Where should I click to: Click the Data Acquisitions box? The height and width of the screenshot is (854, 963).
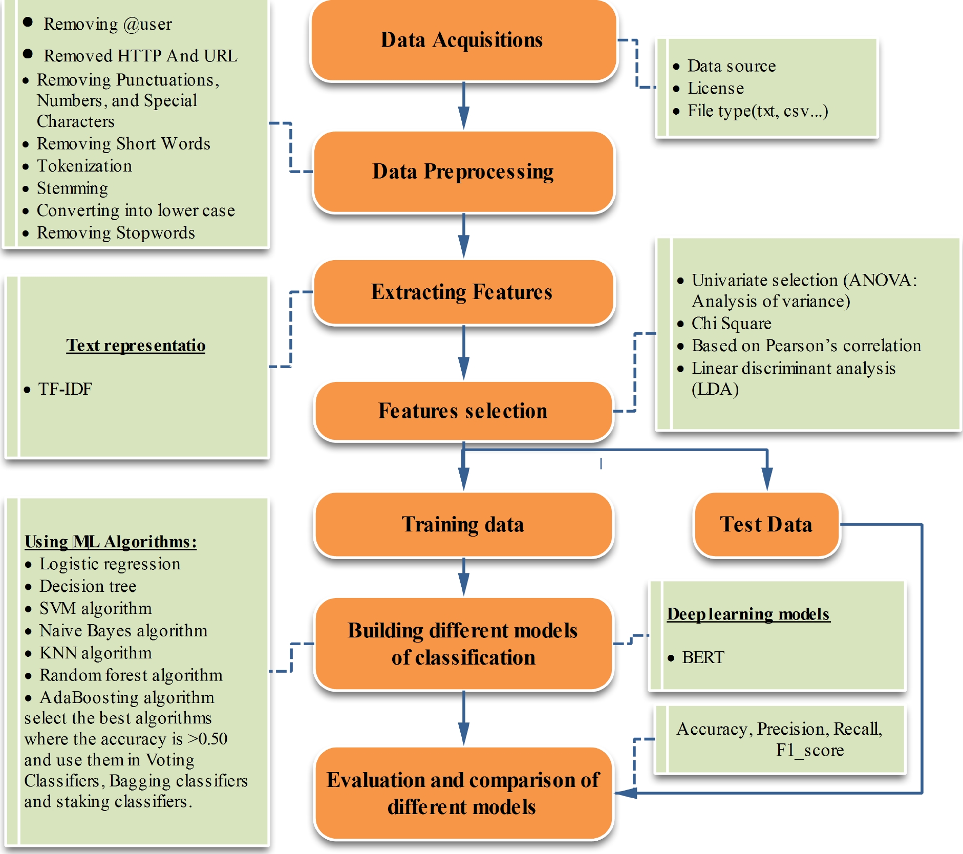pyautogui.click(x=463, y=40)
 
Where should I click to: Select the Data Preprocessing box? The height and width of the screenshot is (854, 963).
pyautogui.click(x=463, y=172)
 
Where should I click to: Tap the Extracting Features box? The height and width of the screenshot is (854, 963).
pyautogui.click(x=463, y=292)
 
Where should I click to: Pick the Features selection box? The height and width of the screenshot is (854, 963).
pyautogui.click(x=463, y=411)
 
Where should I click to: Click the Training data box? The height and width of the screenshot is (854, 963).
pyautogui.click(x=463, y=524)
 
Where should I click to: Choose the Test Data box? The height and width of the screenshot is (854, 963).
pyautogui.click(x=766, y=524)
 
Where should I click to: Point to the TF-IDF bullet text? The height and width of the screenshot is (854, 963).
pyautogui.click(x=65, y=389)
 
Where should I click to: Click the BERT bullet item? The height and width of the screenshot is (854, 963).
pyautogui.click(x=703, y=657)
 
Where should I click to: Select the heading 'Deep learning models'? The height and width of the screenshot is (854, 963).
pyautogui.click(x=748, y=614)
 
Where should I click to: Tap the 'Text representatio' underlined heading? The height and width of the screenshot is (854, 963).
pyautogui.click(x=136, y=346)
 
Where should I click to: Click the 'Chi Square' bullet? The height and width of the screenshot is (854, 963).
pyautogui.click(x=731, y=324)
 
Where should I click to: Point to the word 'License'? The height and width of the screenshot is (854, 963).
pyautogui.click(x=715, y=89)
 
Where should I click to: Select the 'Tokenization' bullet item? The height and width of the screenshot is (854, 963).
pyautogui.click(x=84, y=166)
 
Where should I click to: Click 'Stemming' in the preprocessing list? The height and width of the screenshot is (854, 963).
pyautogui.click(x=72, y=188)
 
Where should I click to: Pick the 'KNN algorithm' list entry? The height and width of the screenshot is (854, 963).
pyautogui.click(x=96, y=653)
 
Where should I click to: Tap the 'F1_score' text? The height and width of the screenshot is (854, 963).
pyautogui.click(x=809, y=750)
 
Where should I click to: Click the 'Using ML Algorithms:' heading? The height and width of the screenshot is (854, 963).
pyautogui.click(x=111, y=542)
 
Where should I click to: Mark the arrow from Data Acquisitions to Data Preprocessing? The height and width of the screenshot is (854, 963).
pyautogui.click(x=463, y=105)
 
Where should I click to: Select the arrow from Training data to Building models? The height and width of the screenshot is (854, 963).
pyautogui.click(x=463, y=577)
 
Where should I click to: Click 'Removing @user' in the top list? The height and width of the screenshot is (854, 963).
pyautogui.click(x=108, y=24)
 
